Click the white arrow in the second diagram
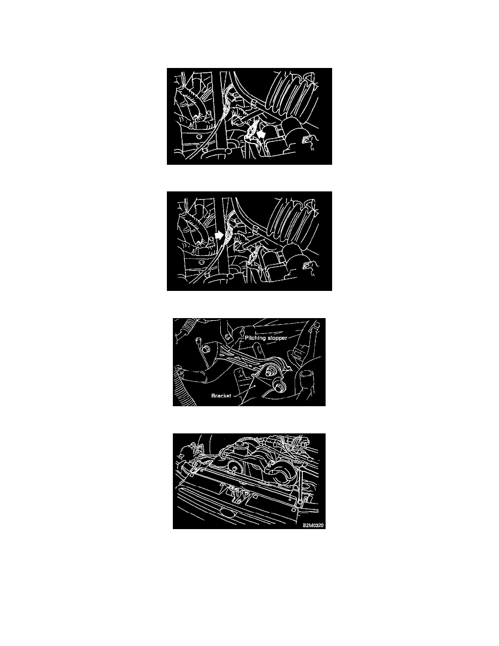(219, 235)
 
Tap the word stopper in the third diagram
(278, 338)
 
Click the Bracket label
(221, 396)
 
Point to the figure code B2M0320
(313, 525)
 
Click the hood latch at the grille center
(238, 494)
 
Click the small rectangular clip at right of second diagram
(306, 265)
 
